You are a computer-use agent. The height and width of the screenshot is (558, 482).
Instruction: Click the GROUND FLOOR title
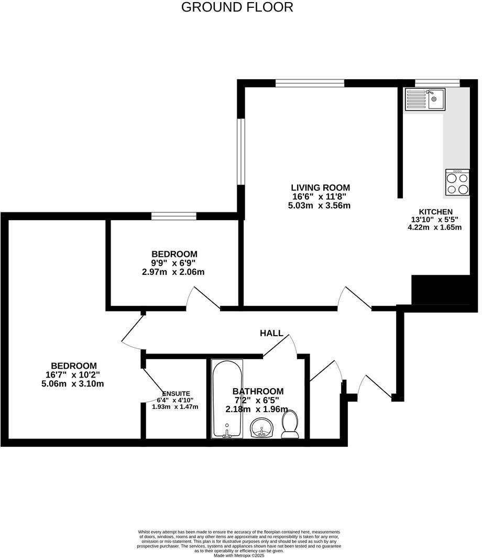point(237,7)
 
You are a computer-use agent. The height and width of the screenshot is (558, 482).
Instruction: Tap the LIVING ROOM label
point(320,188)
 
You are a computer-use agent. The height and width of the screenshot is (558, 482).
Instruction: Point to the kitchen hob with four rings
point(457,183)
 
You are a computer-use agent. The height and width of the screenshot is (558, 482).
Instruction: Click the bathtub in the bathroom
point(227,399)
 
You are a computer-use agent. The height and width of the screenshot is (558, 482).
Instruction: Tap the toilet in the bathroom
point(290,423)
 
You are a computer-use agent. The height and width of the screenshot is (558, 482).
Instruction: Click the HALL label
point(271,333)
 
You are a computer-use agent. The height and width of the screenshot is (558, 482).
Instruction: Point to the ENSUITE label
point(176,393)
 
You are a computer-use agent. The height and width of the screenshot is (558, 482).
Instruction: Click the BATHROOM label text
point(258,391)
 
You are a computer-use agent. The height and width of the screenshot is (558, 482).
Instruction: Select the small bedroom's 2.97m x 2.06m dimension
point(175,272)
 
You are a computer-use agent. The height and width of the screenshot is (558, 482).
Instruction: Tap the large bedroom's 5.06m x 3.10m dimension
point(73,383)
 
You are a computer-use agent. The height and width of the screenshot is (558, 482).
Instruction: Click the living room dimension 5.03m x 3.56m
point(319,206)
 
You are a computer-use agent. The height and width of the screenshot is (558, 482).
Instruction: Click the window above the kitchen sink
point(437,83)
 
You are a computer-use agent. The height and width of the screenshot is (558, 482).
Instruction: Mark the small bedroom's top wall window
point(174,216)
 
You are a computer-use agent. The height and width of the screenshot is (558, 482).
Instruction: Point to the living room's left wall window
point(240,152)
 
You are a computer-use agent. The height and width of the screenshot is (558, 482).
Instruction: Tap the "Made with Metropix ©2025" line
point(238,555)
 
